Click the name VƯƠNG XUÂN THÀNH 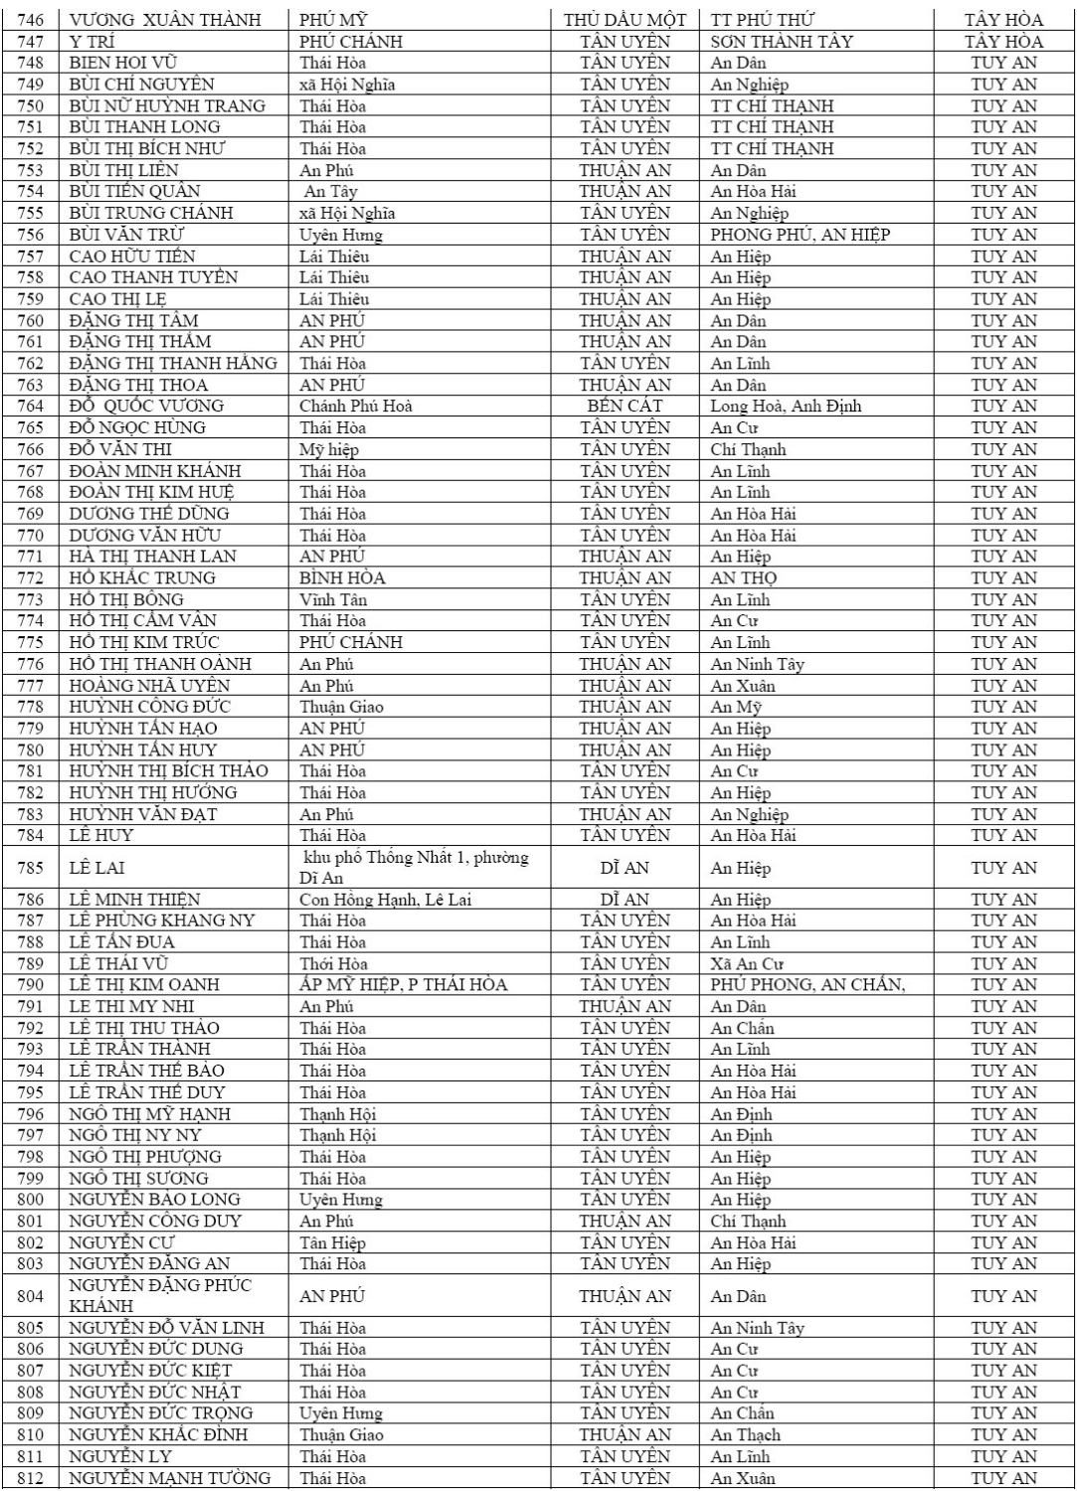click(x=165, y=20)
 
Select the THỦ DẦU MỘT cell click(x=625, y=20)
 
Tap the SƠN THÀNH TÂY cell click(x=782, y=42)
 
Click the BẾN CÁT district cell click(x=625, y=406)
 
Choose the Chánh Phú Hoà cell click(x=356, y=406)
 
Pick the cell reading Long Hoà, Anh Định click(x=786, y=406)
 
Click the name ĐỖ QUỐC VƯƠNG click(x=146, y=406)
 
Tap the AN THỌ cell click(x=744, y=578)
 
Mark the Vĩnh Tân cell click(x=333, y=599)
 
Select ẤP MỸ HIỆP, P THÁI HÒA click(x=403, y=985)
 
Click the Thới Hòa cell click(x=333, y=963)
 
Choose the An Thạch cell click(x=746, y=1434)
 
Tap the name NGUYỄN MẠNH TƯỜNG click(x=169, y=1478)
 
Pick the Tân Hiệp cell click(x=333, y=1242)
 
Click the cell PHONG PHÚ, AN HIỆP click(x=800, y=235)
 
